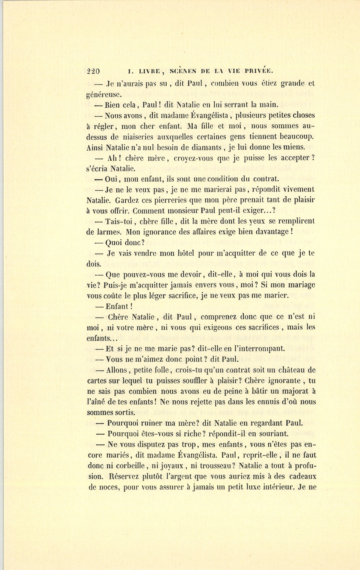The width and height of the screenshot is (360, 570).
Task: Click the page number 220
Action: coord(93,72)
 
